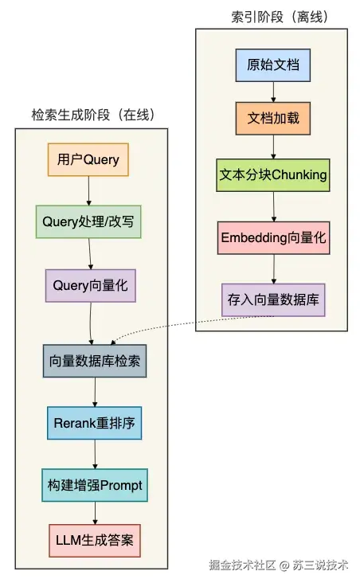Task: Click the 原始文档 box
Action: [273, 65]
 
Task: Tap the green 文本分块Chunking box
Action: [273, 175]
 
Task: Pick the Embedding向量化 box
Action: [273, 237]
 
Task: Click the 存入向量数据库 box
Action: [273, 299]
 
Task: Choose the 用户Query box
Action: [88, 159]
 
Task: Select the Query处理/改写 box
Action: [88, 221]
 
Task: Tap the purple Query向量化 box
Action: [90, 284]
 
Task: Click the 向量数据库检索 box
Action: [95, 361]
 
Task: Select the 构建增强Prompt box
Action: [95, 484]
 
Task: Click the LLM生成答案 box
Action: [96, 541]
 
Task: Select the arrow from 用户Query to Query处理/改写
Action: [88, 190]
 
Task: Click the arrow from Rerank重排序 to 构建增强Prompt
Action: [95, 454]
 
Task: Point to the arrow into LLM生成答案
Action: [96, 513]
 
